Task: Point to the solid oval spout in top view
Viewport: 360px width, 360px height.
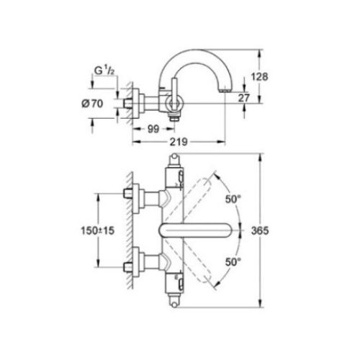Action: [195, 231]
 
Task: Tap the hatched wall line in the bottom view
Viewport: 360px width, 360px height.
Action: [124, 230]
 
